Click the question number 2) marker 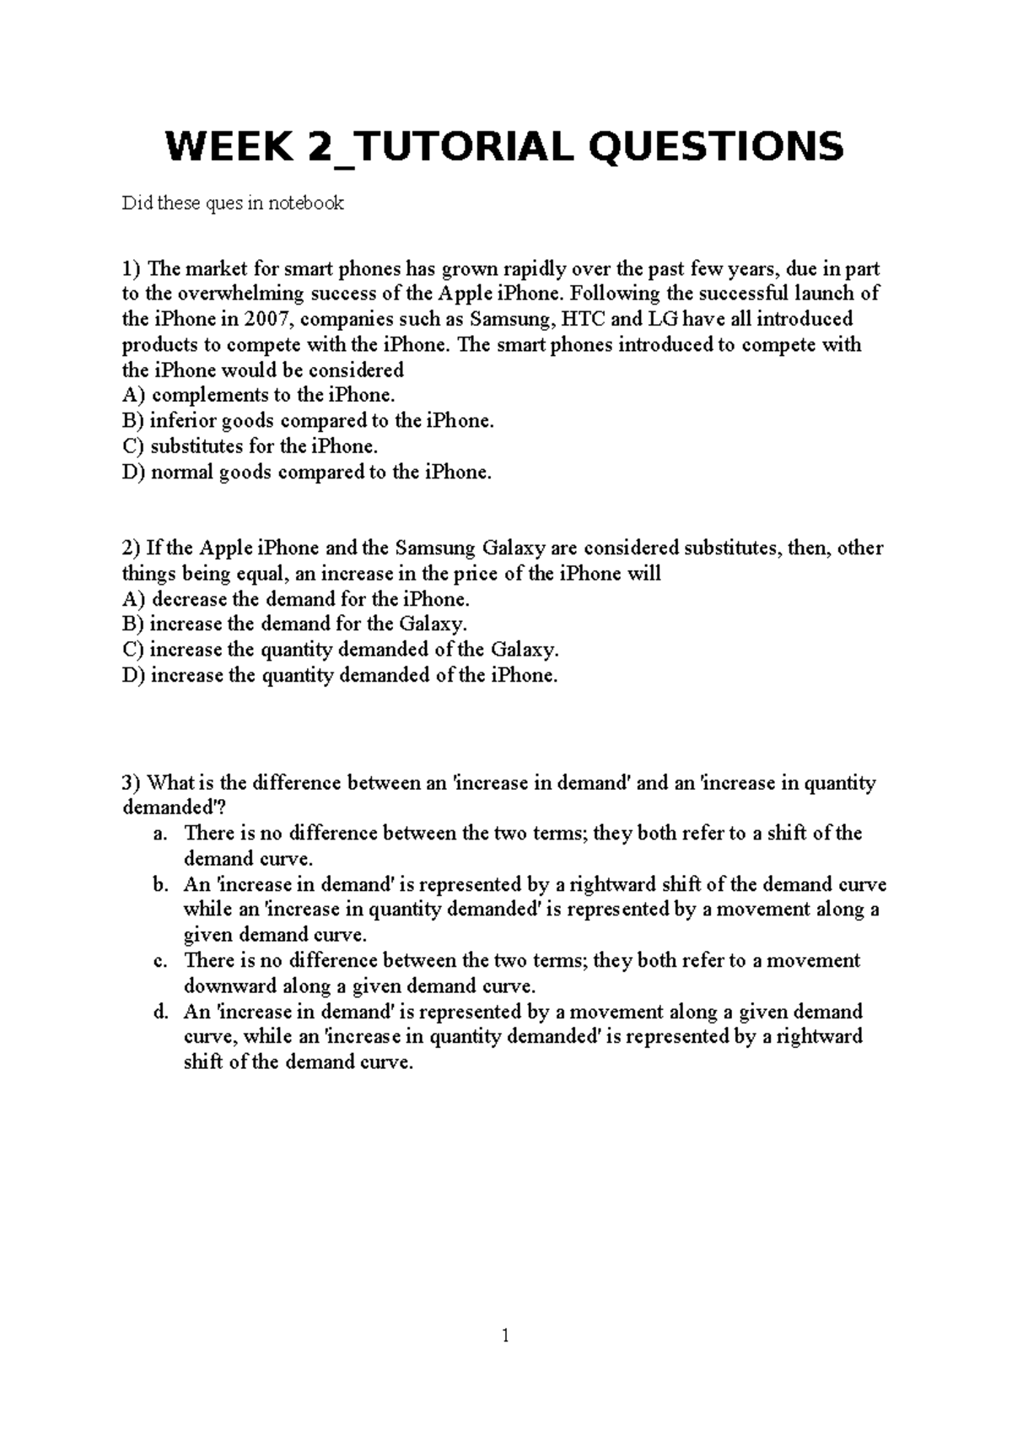pyautogui.click(x=132, y=548)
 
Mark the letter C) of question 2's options pyautogui.click(x=133, y=650)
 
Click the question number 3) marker pyautogui.click(x=132, y=783)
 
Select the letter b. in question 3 pyautogui.click(x=162, y=885)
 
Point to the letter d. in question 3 pyautogui.click(x=162, y=1012)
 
